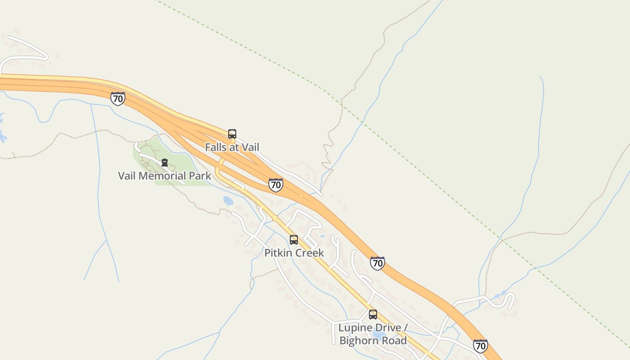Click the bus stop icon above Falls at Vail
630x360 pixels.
click(232, 134)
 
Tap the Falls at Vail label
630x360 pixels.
click(232, 147)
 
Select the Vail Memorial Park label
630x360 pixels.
click(164, 175)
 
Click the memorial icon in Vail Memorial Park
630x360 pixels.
click(165, 162)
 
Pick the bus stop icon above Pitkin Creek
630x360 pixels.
click(294, 240)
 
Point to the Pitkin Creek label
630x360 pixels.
click(294, 253)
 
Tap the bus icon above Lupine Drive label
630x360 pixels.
click(373, 315)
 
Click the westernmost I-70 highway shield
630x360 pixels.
click(117, 99)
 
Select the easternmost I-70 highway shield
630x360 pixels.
click(481, 346)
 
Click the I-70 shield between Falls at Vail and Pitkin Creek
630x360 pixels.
click(276, 184)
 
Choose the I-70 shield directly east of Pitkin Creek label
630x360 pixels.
click(378, 263)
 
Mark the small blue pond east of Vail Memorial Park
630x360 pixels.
click(228, 201)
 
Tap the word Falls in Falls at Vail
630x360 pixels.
click(215, 147)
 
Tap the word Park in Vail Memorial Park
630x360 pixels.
click(200, 175)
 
